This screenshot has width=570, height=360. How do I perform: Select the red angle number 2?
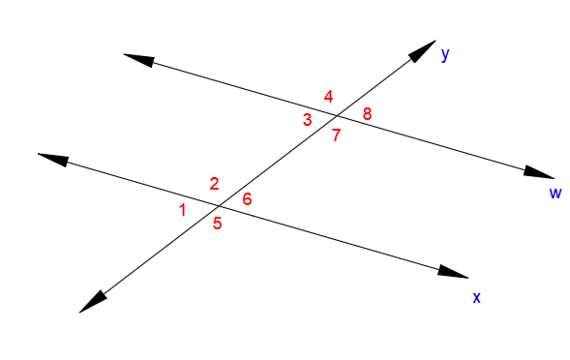(214, 184)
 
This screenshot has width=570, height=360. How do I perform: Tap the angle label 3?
(307, 120)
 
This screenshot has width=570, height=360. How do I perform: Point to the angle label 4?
(329, 96)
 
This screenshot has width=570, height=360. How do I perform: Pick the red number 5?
(218, 224)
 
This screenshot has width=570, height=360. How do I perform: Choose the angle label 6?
(247, 199)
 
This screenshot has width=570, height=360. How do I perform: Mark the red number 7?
(336, 135)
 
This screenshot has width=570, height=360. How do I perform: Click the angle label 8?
(367, 115)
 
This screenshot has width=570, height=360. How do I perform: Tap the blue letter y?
(445, 54)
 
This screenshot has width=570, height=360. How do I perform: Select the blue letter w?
(555, 193)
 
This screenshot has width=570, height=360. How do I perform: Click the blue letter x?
(476, 297)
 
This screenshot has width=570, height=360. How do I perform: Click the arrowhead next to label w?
(539, 173)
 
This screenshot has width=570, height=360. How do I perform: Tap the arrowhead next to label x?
(452, 273)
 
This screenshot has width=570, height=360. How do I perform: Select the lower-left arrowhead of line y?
(92, 302)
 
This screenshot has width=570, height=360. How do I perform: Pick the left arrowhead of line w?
(138, 59)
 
